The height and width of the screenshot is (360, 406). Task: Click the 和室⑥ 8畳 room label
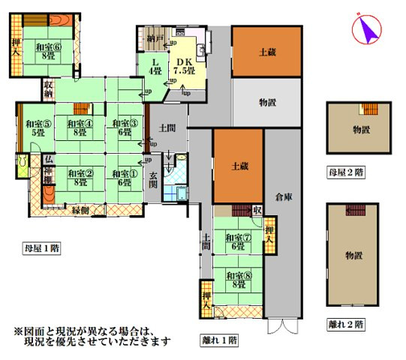[x=47, y=51]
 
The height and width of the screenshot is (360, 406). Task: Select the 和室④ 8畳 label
[x=79, y=128]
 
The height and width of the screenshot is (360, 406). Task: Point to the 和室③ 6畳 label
[x=124, y=127]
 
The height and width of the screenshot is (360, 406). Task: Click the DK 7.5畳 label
[x=184, y=66]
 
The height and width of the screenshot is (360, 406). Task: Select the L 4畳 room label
[x=155, y=66]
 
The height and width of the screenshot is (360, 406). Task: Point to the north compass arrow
[x=367, y=29]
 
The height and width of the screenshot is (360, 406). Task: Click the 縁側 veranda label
[x=81, y=210]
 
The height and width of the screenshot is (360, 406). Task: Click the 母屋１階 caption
[x=41, y=248]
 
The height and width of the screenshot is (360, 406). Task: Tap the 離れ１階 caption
[x=219, y=340]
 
